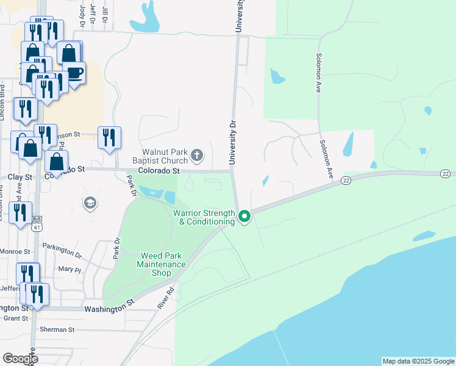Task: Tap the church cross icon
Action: [x=197, y=156]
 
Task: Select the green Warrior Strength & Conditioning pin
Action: [x=244, y=217]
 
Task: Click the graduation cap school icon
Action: [x=90, y=203]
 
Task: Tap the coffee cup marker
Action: [x=74, y=73]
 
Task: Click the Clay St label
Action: [x=20, y=177]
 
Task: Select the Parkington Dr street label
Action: [x=62, y=249]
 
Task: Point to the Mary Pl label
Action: [x=69, y=269]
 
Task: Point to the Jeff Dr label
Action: [x=93, y=12]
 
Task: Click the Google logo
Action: [x=20, y=359]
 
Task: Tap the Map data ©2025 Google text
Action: [x=418, y=361]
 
